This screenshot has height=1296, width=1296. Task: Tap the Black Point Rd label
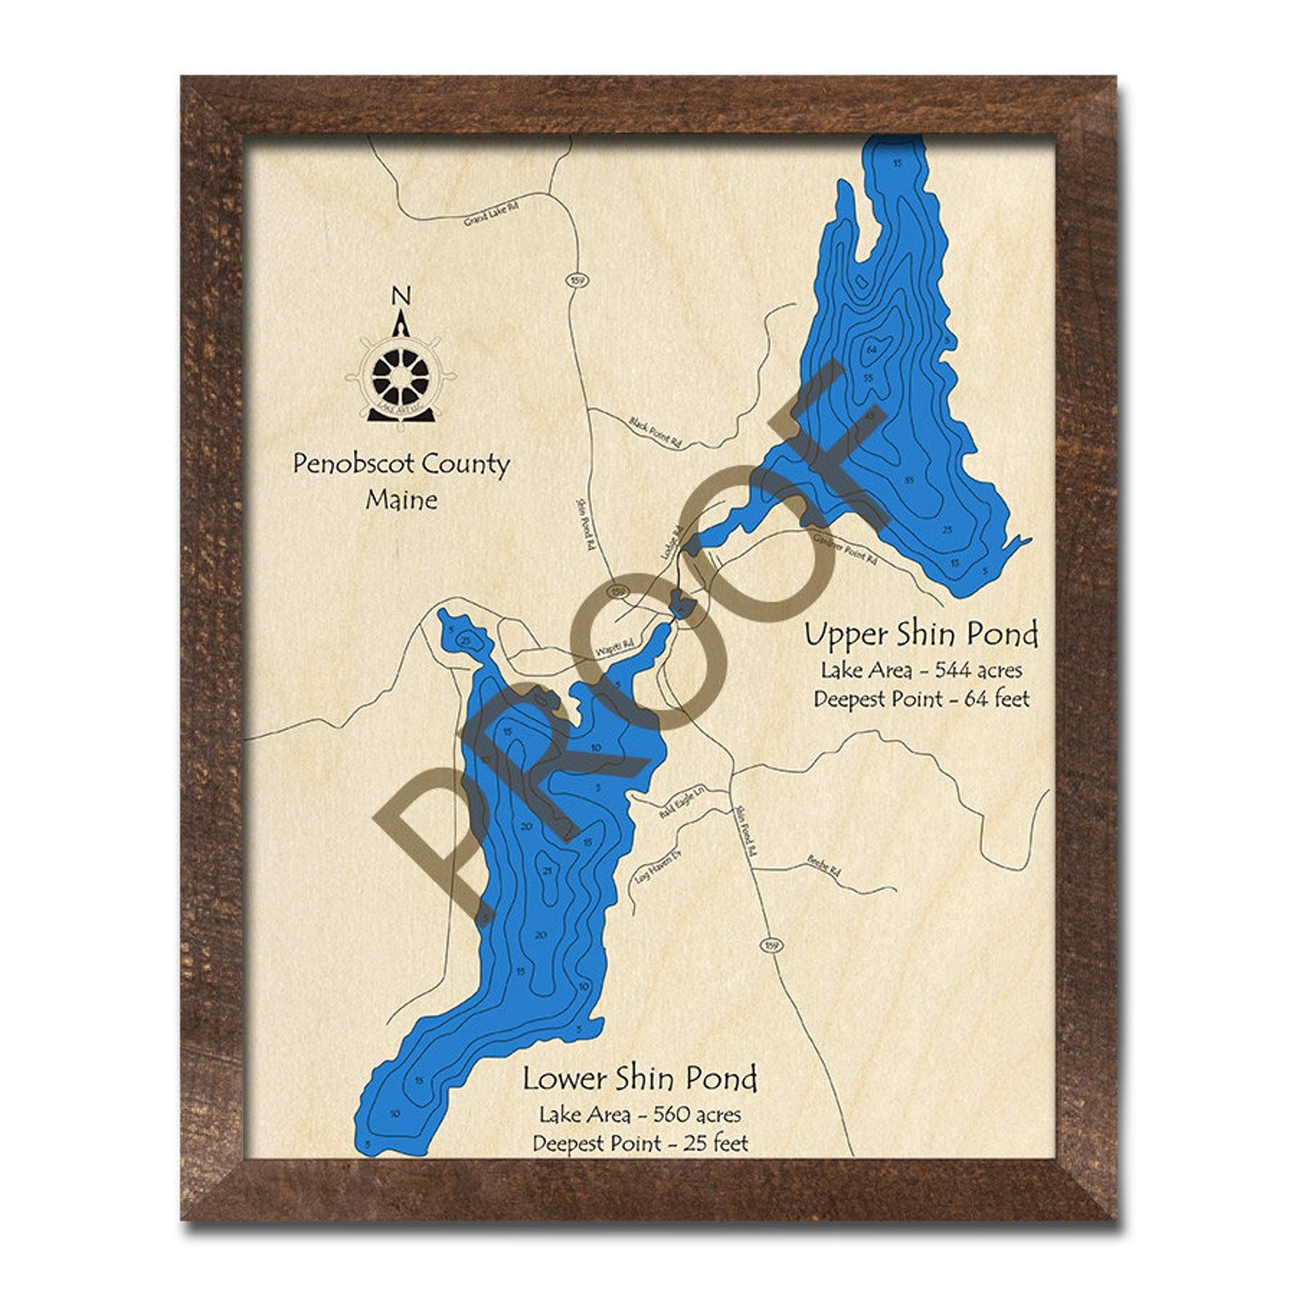[655, 432]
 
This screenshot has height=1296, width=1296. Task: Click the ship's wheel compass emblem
[400, 376]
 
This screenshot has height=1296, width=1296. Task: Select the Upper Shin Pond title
[921, 634]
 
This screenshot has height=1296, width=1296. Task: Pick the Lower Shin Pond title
[640, 1078]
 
